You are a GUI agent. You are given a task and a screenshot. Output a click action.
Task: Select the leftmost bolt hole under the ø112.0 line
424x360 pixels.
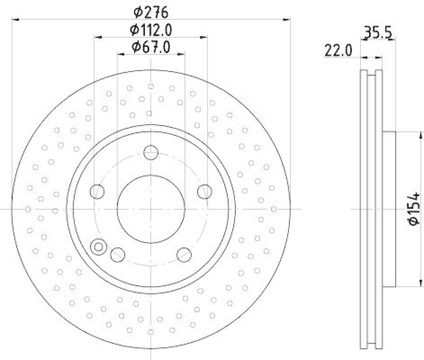tap(97, 191)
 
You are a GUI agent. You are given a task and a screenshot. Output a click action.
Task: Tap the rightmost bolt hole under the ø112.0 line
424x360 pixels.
tap(204, 191)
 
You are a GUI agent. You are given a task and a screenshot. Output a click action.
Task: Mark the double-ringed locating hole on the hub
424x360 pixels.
tap(98, 247)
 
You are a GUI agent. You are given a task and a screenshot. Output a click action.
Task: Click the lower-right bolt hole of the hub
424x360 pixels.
tap(184, 253)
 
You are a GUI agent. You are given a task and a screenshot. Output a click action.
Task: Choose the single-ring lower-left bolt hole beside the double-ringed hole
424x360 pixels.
tap(117, 254)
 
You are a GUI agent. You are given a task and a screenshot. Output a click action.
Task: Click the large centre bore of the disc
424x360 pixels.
tap(151, 209)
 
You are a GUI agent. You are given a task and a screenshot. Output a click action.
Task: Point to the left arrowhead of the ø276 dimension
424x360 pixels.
tap(14, 20)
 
